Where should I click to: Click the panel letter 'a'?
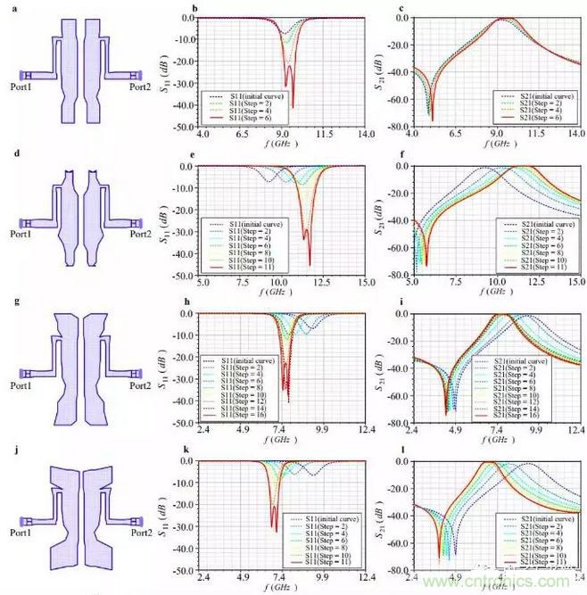coord(5,7)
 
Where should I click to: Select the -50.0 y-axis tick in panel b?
coord(186,128)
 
